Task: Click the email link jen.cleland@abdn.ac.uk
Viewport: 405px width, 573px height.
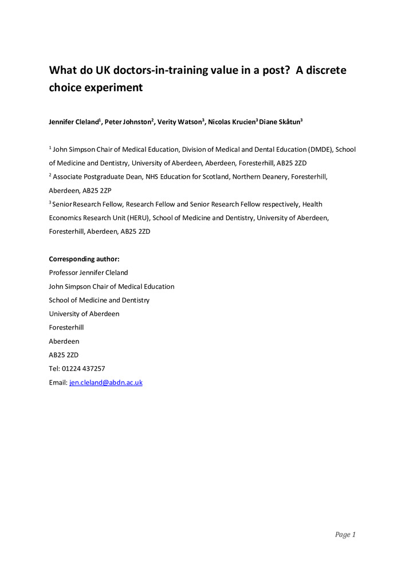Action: pos(105,383)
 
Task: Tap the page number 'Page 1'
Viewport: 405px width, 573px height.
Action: pos(345,535)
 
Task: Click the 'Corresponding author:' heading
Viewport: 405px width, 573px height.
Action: pos(84,259)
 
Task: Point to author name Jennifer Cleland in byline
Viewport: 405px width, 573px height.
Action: pos(74,122)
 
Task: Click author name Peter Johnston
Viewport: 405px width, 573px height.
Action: pos(128,122)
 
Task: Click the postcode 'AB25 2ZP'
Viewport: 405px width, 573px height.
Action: pos(89,190)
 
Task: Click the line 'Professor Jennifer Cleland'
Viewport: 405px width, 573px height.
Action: pos(88,273)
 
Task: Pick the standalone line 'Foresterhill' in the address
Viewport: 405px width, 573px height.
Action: pos(66,328)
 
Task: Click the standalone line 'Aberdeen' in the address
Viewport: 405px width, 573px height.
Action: pos(64,342)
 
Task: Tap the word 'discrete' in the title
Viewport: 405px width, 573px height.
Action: pos(324,70)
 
